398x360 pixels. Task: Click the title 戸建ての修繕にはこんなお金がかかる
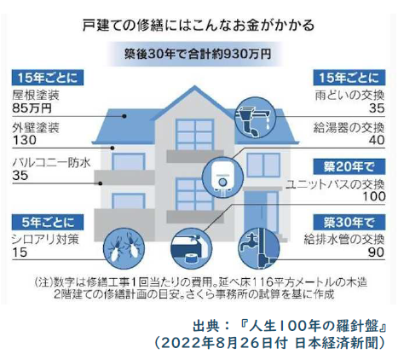coord(199,25)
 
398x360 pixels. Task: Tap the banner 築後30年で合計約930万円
coord(198,54)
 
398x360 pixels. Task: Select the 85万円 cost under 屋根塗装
coord(32,108)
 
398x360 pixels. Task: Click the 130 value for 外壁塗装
coord(25,140)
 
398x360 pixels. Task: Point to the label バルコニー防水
coord(51,162)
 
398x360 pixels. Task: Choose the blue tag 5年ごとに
coord(48,222)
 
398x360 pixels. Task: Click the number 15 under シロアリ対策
coord(20,253)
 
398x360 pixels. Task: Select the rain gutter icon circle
coord(256,117)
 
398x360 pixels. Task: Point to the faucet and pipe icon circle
coord(259,248)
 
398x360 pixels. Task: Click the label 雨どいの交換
coord(349,96)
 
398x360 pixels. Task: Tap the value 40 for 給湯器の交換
coord(377,140)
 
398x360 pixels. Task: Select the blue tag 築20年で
coord(349,166)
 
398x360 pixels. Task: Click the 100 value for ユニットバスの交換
coord(374,196)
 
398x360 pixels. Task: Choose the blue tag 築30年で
coord(349,222)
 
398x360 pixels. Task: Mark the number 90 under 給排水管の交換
coord(376,253)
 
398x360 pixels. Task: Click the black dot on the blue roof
coord(124,116)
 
